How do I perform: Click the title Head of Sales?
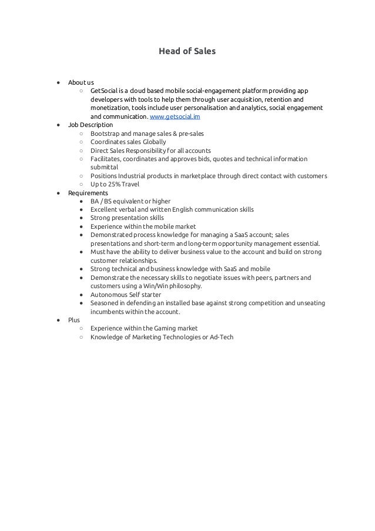[187, 52]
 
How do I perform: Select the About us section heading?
[81, 82]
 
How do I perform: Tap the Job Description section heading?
[91, 125]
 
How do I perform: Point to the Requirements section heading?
[88, 193]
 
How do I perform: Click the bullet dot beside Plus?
[58, 320]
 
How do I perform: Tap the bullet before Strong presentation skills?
[80, 218]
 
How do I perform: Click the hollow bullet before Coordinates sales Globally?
[80, 142]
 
